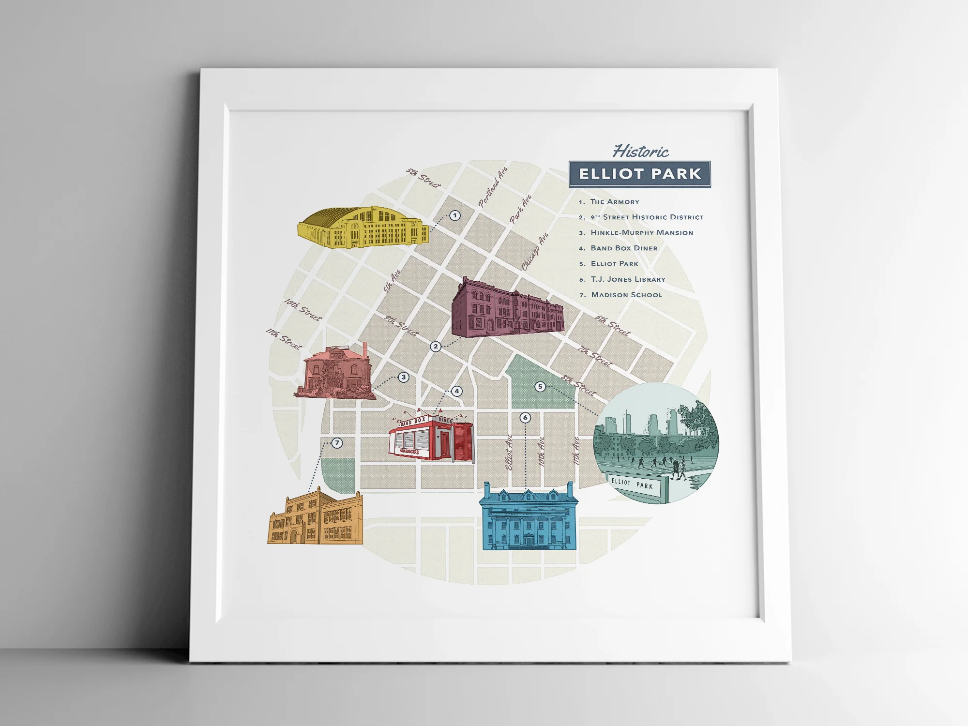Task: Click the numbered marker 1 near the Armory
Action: (454, 215)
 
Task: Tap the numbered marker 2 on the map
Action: (436, 346)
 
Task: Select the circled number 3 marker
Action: (403, 377)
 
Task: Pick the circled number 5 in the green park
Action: (540, 386)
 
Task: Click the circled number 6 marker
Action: (525, 417)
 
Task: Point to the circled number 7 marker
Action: (337, 443)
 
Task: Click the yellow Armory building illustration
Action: (363, 227)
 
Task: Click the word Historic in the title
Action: (640, 151)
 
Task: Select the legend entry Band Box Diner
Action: (624, 248)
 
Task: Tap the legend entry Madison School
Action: (626, 295)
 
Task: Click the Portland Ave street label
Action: (493, 187)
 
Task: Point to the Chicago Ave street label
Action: (535, 252)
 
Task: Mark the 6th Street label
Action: (612, 325)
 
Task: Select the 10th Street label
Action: (303, 310)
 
